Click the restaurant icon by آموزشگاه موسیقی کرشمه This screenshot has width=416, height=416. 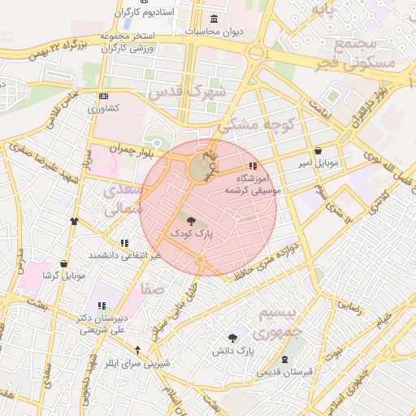[240, 166]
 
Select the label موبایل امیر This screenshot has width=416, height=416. [317, 163]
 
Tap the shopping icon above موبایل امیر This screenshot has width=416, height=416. [317, 151]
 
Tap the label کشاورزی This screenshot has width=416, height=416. [103, 108]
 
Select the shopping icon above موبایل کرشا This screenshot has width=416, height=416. [63, 264]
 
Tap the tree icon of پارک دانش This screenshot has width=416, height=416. [233, 337]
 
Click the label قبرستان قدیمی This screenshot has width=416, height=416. [284, 372]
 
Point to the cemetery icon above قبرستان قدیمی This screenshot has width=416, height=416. [284, 360]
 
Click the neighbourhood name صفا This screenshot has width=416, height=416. [152, 288]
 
